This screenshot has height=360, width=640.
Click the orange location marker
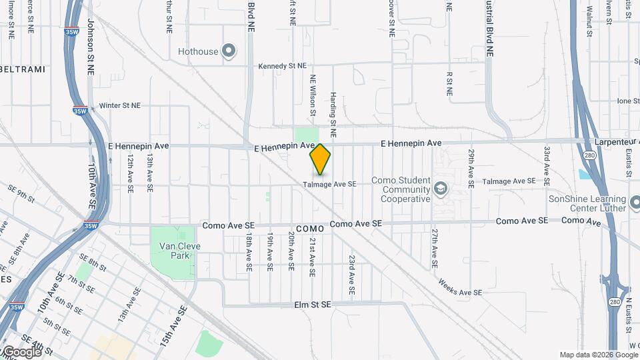(321, 159)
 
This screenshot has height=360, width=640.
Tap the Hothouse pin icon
(229, 51)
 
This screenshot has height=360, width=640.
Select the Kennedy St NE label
(283, 66)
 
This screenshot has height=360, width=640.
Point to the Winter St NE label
(120, 105)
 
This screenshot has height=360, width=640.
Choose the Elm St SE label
(313, 305)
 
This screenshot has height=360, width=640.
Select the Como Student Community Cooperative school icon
(440, 189)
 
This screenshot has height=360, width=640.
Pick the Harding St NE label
(333, 110)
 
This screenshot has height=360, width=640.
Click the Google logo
(21, 351)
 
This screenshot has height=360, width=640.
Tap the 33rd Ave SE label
(547, 166)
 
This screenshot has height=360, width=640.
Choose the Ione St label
(628, 101)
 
